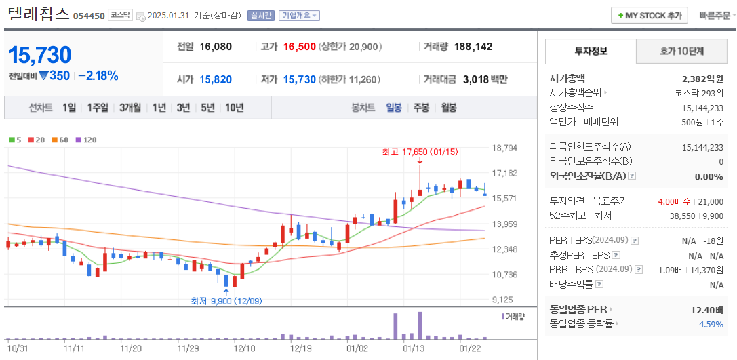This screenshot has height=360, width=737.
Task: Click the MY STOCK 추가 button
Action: [x=650, y=16]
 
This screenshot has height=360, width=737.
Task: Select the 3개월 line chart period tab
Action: [x=130, y=107]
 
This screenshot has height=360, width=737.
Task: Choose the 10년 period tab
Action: [x=235, y=107]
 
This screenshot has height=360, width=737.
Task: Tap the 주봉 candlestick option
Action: [x=421, y=107]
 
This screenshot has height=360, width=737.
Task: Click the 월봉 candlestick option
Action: [x=448, y=107]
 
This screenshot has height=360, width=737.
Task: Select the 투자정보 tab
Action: [x=591, y=51]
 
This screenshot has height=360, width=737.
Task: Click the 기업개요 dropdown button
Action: [x=300, y=16]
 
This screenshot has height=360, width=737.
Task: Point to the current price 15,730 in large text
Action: [x=40, y=55]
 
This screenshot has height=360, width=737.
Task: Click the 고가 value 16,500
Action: [x=300, y=47]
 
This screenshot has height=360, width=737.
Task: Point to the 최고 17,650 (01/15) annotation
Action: [x=410, y=151]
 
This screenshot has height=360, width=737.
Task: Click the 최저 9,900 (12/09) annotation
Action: [x=226, y=301]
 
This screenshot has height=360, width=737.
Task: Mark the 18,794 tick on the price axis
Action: [x=504, y=148]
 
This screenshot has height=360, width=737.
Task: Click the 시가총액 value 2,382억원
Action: [x=702, y=78]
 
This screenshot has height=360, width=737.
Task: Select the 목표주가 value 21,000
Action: [x=711, y=201]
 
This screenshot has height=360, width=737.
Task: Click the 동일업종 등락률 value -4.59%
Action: [x=709, y=323]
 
